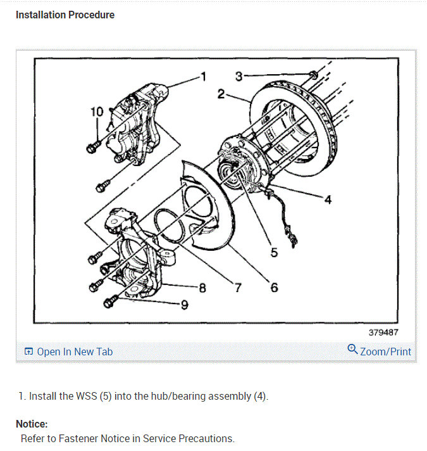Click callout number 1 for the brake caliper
(203, 77)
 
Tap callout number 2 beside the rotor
(221, 94)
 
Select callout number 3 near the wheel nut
(239, 76)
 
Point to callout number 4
(328, 199)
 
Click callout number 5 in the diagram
(274, 252)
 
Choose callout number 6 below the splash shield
(274, 287)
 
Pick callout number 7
(238, 288)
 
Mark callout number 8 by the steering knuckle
(202, 288)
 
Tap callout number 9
(184, 305)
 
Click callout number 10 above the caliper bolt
(96, 111)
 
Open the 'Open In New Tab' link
(74, 352)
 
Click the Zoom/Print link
(385, 352)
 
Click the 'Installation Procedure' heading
(65, 15)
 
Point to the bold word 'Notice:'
(32, 424)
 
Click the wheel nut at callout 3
(314, 75)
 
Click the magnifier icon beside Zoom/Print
(353, 350)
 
